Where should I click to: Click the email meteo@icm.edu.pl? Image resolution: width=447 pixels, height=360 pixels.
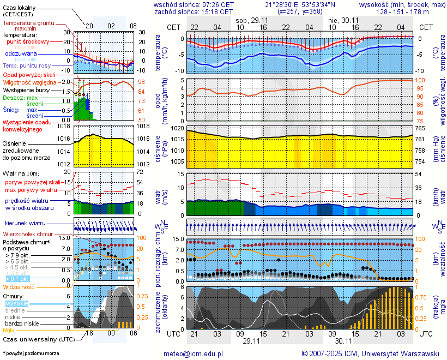(194, 353)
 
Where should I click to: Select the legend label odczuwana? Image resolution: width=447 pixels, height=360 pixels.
(21, 54)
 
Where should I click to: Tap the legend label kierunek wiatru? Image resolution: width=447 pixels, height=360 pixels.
(25, 224)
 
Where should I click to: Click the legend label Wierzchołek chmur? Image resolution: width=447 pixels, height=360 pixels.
(27, 233)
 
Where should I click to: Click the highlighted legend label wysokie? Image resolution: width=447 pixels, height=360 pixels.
(16, 303)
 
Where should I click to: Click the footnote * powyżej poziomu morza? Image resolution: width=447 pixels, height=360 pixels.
(31, 353)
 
